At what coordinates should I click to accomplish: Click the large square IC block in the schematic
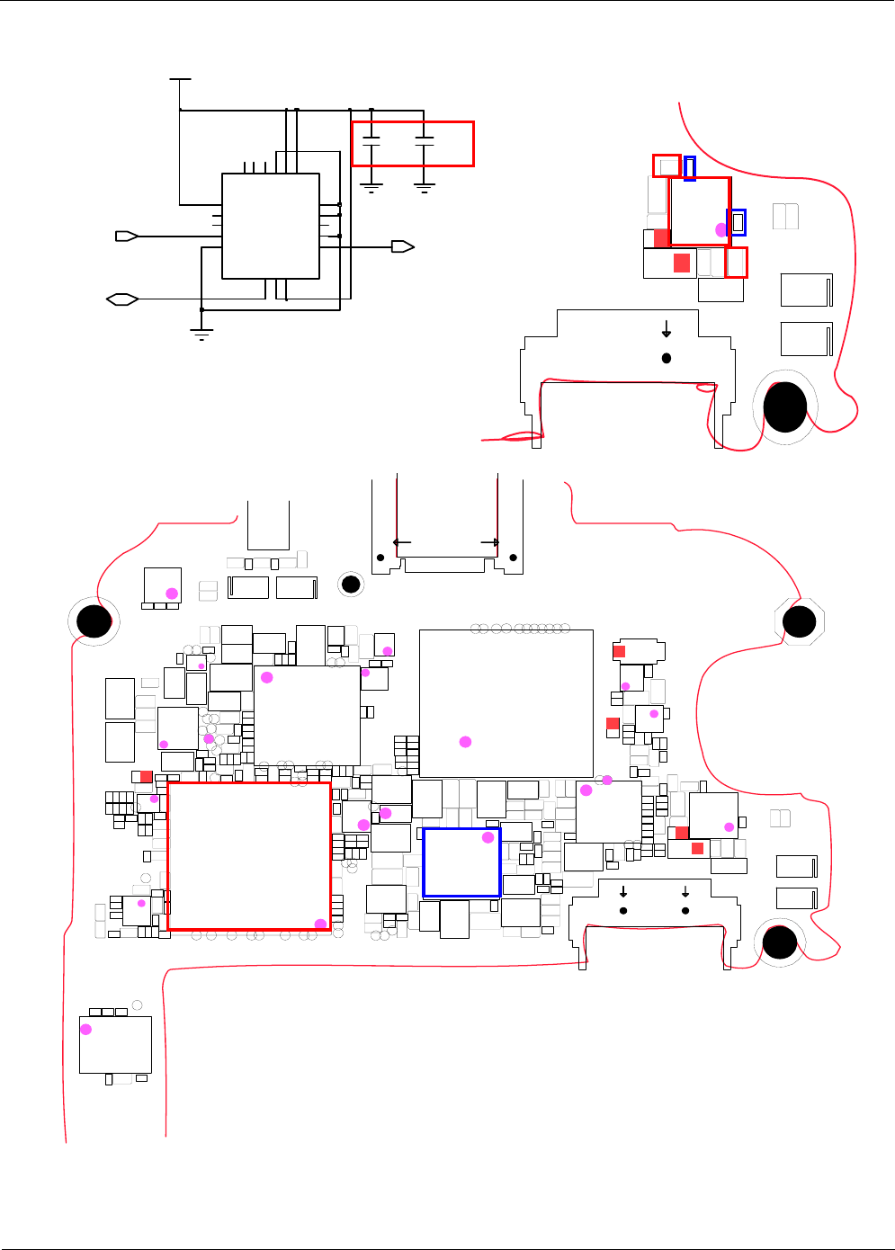pyautogui.click(x=271, y=226)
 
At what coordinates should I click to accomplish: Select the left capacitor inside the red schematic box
pyautogui.click(x=371, y=141)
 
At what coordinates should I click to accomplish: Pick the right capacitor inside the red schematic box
pyautogui.click(x=425, y=141)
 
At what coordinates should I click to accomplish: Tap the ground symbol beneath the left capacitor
pyautogui.click(x=371, y=188)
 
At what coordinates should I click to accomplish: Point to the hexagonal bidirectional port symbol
pyautogui.click(x=122, y=299)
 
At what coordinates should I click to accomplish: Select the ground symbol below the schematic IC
pyautogui.click(x=201, y=335)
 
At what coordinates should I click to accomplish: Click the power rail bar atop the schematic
pyautogui.click(x=180, y=79)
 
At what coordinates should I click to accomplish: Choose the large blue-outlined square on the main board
pyautogui.click(x=461, y=862)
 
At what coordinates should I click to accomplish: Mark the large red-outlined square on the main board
pyautogui.click(x=249, y=855)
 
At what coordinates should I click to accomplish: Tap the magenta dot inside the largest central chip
pyautogui.click(x=465, y=742)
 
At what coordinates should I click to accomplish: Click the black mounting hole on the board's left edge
pyautogui.click(x=93, y=620)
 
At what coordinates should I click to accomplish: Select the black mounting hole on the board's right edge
pyautogui.click(x=799, y=621)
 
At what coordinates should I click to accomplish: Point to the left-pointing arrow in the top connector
pyautogui.click(x=402, y=542)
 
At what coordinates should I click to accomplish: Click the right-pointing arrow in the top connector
pyautogui.click(x=490, y=542)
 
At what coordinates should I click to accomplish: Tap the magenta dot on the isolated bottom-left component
pyautogui.click(x=86, y=1029)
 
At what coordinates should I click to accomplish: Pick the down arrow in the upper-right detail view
pyautogui.click(x=667, y=328)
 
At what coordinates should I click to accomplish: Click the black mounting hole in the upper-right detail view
pyautogui.click(x=785, y=406)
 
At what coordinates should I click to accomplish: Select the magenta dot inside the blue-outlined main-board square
pyautogui.click(x=488, y=837)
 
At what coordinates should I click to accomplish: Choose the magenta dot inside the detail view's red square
pyautogui.click(x=721, y=229)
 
